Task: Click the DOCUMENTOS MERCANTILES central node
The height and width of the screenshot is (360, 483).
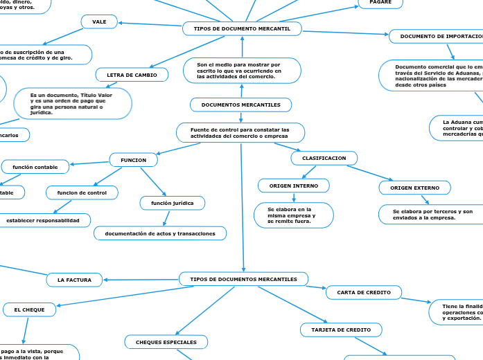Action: (240, 105)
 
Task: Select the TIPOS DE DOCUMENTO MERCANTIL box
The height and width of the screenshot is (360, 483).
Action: (242, 28)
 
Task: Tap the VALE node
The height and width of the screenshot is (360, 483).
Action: (99, 22)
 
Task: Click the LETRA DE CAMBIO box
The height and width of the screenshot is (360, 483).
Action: (132, 75)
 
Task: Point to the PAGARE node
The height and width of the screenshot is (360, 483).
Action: (380, 3)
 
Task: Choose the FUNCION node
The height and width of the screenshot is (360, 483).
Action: (133, 160)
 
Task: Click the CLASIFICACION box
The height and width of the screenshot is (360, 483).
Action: (324, 159)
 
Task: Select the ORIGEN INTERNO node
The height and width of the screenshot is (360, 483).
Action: (293, 186)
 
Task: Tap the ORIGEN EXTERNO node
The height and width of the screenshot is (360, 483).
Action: (414, 188)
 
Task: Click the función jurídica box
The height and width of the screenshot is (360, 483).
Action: (173, 202)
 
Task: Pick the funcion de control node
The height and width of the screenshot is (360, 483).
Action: (82, 192)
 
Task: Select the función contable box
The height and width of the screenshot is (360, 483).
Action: (35, 166)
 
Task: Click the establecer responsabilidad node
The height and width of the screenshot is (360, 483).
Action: (48, 220)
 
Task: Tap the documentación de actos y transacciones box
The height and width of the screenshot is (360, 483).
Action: (160, 233)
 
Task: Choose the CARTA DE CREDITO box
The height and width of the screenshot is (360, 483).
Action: (363, 293)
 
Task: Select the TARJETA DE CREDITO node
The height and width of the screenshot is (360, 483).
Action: (340, 330)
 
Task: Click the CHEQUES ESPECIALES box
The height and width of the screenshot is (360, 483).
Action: (166, 342)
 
